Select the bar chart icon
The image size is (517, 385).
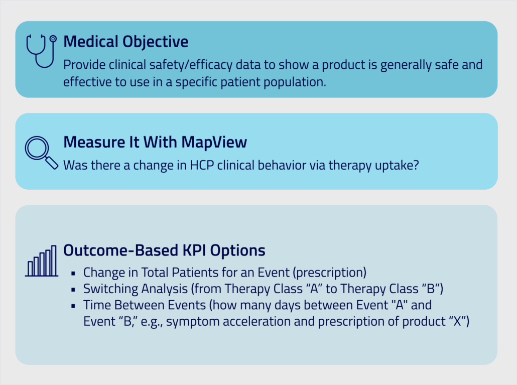[x=42, y=261]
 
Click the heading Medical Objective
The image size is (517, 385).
[x=125, y=42]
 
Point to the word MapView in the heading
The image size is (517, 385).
[x=214, y=142]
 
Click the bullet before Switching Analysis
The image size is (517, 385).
[x=73, y=290]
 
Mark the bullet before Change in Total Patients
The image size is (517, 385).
[x=73, y=273]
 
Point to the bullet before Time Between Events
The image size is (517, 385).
[x=73, y=306]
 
